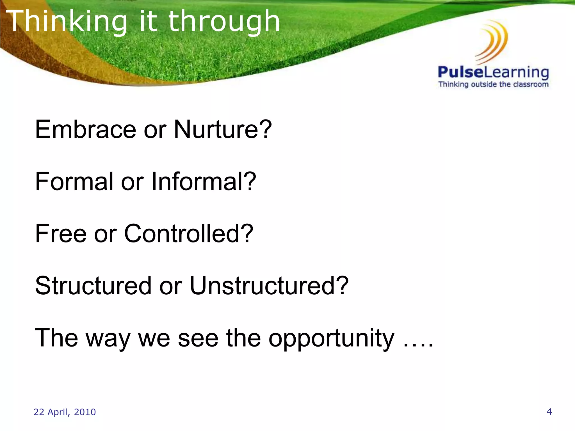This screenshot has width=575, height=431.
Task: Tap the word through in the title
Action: [224, 22]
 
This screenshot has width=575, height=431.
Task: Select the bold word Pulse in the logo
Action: [461, 72]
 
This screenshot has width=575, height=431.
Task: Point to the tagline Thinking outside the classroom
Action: [493, 84]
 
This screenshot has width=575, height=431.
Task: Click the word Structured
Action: [93, 286]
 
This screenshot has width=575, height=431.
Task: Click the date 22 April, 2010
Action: [65, 412]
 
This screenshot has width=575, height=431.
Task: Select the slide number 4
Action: [549, 412]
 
